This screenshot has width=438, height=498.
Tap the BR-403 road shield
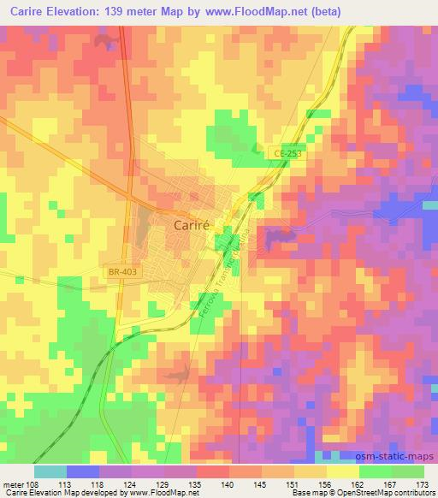pos(123,271)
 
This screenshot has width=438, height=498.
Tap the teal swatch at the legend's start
pos(50,471)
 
